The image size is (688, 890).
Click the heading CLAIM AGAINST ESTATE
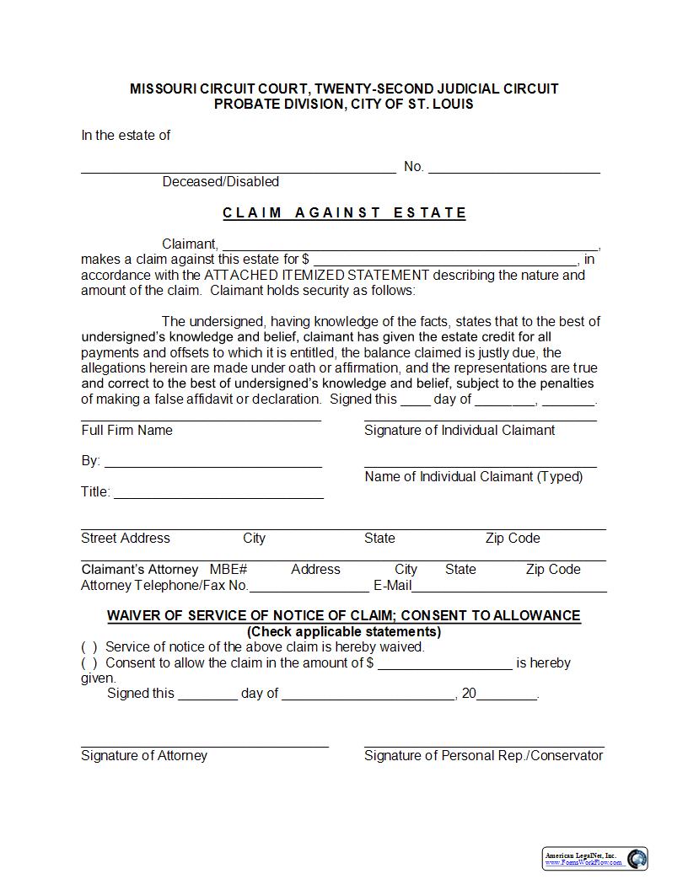pyautogui.click(x=344, y=212)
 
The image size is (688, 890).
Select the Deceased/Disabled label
pyautogui.click(x=220, y=181)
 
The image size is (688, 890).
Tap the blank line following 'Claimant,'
pyautogui.click(x=410, y=244)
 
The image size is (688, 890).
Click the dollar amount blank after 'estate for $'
pyautogui.click(x=445, y=260)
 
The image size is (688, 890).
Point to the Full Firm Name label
pyautogui.click(x=126, y=430)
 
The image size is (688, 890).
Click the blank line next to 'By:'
pyautogui.click(x=213, y=461)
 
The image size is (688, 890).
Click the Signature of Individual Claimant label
pyautogui.click(x=460, y=430)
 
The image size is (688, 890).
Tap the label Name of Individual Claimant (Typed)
pyautogui.click(x=473, y=476)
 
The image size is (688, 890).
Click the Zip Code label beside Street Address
pyautogui.click(x=513, y=538)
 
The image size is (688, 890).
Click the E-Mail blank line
pyautogui.click(x=509, y=586)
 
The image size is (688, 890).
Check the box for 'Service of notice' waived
pyautogui.click(x=89, y=647)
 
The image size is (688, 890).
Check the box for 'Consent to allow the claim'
pyautogui.click(x=89, y=662)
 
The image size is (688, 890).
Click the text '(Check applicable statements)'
pyautogui.click(x=343, y=631)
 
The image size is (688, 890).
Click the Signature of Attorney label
pyautogui.click(x=144, y=755)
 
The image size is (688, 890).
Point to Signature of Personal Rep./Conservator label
pyautogui.click(x=483, y=755)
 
